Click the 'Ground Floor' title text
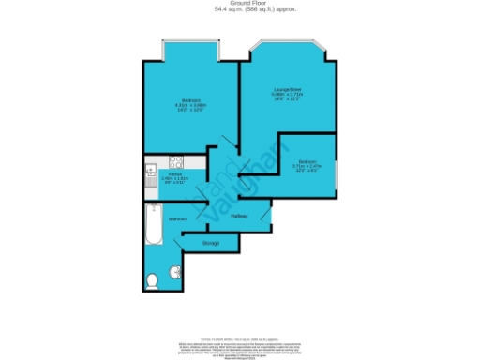point(240,4)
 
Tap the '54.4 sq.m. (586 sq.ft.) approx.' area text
point(240,10)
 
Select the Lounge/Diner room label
point(286,93)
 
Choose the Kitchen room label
point(174,177)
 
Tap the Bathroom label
point(178,218)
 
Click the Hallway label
point(239,217)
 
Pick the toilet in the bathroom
point(152,279)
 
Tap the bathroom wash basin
point(171,273)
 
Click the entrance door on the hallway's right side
point(270,217)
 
